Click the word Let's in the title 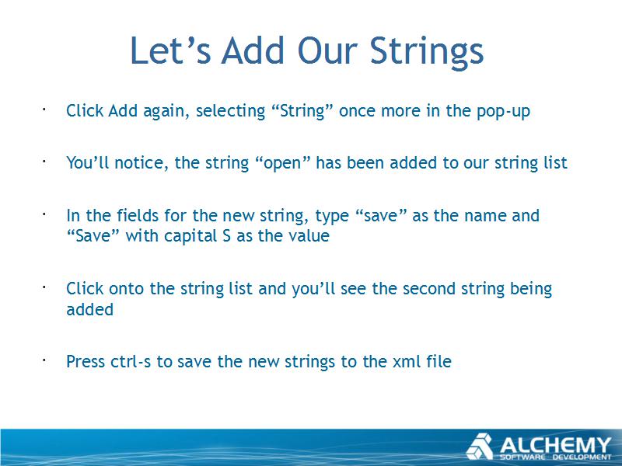pyautogui.click(x=170, y=50)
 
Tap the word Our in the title pyautogui.click(x=328, y=50)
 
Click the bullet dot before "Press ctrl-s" pyautogui.click(x=44, y=360)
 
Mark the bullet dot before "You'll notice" pyautogui.click(x=44, y=161)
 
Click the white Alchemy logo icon pyautogui.click(x=480, y=446)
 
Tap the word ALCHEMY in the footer pyautogui.click(x=555, y=445)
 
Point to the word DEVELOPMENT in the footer pyautogui.click(x=582, y=457)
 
